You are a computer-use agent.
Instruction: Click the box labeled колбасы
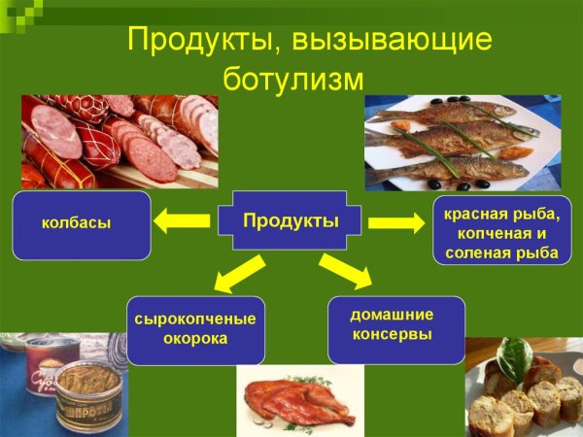[x=82, y=224]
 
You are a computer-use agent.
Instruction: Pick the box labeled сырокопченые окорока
[x=194, y=329]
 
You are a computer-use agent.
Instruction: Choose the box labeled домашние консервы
[x=393, y=324]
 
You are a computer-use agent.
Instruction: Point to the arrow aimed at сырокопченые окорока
[x=239, y=274]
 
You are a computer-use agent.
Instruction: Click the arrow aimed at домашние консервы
[x=346, y=271]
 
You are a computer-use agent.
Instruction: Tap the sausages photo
[x=120, y=141]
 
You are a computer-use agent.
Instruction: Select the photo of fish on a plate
[x=463, y=143]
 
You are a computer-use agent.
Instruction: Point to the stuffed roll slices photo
[x=525, y=388]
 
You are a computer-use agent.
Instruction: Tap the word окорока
[x=195, y=339]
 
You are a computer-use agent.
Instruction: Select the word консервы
[x=393, y=334]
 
